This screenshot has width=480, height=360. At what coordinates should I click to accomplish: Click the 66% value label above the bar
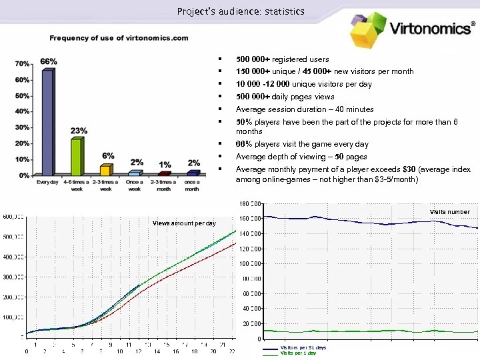pos(49,61)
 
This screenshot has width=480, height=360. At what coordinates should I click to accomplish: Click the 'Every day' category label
pos(47,181)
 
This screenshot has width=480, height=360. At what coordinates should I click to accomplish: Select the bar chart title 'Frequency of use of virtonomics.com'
pos(119,38)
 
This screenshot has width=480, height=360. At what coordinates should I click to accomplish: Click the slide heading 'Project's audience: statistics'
pos(241,11)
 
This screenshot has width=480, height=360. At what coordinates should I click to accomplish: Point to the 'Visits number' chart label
pos(449,212)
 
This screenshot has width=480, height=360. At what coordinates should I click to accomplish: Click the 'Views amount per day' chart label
pos(184,223)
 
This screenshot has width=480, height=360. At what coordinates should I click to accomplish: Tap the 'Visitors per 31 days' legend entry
pos(303,348)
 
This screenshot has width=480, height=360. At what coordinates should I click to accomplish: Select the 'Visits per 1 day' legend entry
pos(299,353)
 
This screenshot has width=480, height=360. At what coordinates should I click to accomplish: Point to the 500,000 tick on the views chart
pos(14,236)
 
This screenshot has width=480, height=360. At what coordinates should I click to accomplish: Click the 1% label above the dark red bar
pos(165,165)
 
